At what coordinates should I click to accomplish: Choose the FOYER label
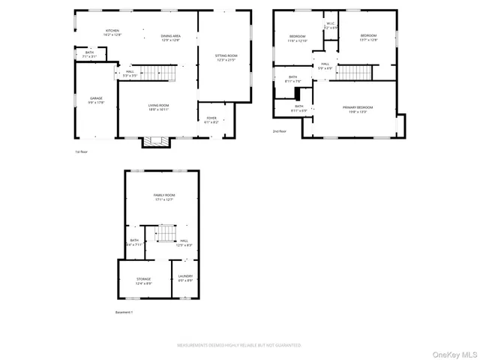point(211,119)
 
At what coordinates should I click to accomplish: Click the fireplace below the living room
point(157,141)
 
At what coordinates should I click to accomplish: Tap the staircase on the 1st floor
point(158,73)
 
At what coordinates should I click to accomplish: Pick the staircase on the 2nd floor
point(354,72)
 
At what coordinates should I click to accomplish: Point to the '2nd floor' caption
point(280,131)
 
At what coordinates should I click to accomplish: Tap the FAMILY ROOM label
point(163,196)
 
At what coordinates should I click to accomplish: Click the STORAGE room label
point(143,280)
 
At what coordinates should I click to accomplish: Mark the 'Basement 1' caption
point(124,312)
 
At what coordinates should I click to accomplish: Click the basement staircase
point(165,235)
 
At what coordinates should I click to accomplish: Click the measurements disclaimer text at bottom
point(238,346)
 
